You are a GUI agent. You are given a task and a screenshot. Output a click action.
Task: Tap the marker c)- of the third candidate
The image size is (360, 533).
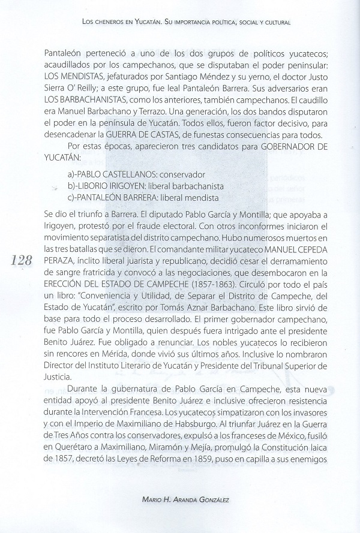pos(74,197)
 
